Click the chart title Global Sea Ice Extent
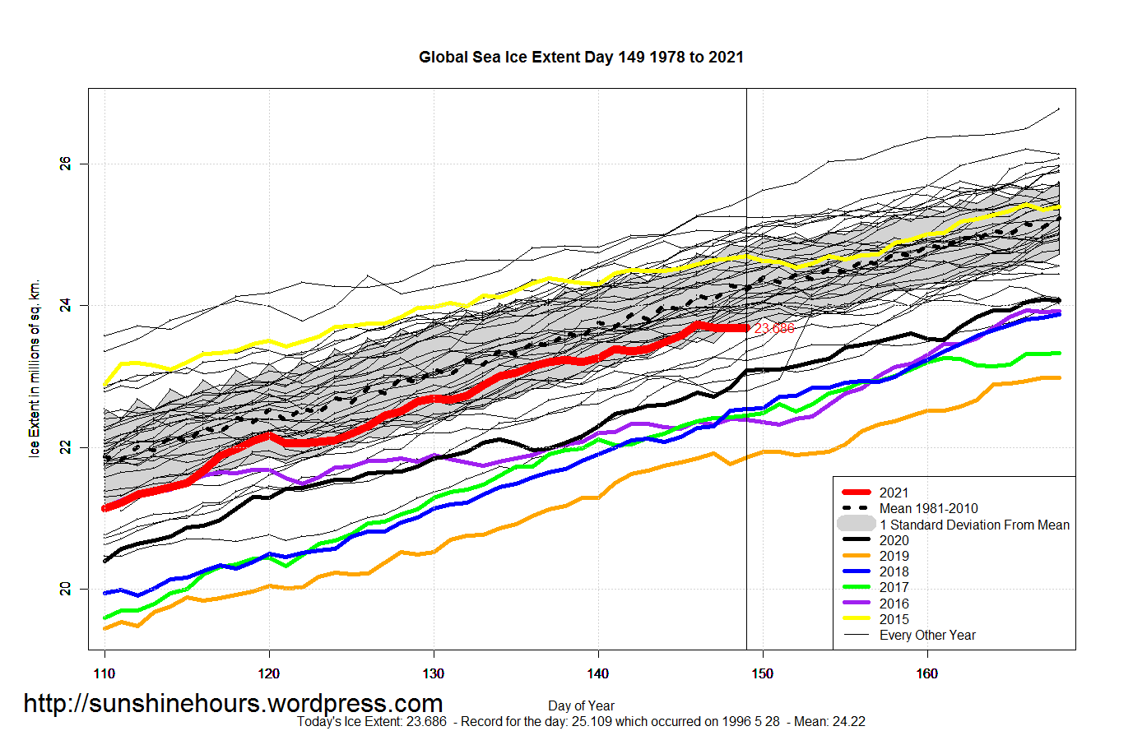tap(581, 58)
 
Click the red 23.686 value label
tap(774, 329)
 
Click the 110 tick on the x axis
tap(104, 674)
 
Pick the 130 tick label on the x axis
tap(434, 674)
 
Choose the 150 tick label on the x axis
tap(763, 674)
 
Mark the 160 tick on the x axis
tap(927, 674)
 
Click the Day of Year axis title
tap(581, 705)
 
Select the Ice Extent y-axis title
tap(35, 368)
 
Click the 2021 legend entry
tap(894, 493)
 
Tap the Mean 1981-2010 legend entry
tap(928, 508)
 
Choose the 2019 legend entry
tap(894, 556)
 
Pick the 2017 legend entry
tap(894, 587)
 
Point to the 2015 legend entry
tap(894, 619)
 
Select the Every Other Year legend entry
tap(927, 635)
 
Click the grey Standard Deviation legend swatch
tap(857, 524)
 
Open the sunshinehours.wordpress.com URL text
tap(233, 704)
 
